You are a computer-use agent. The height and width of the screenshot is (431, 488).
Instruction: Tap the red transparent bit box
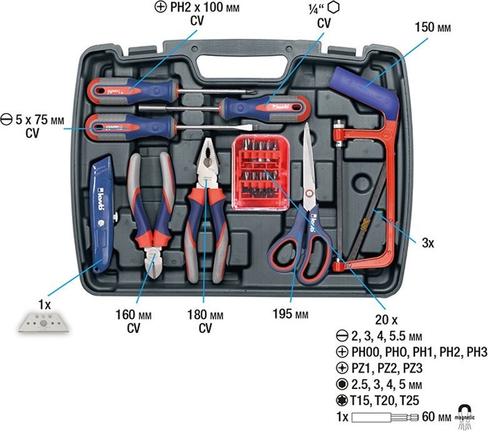click(261, 173)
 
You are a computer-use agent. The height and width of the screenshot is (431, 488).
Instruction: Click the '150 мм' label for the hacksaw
click(432, 28)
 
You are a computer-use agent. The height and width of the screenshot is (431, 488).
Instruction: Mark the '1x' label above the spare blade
click(44, 305)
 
